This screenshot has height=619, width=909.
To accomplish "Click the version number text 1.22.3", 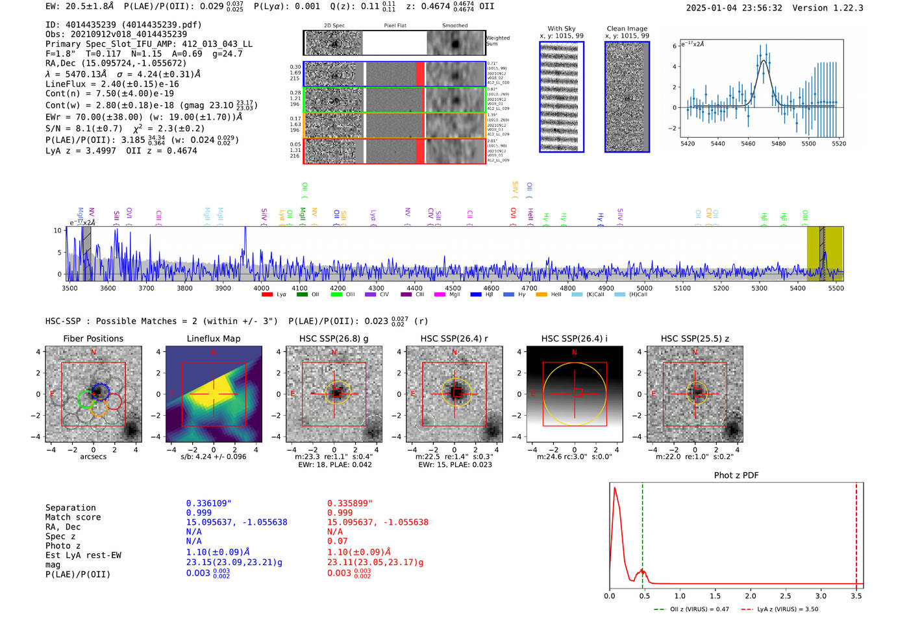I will pyautogui.click(x=847, y=8).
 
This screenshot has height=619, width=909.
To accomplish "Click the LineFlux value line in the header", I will pyautogui.click(x=112, y=84).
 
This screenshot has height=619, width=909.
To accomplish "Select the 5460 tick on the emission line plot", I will pyautogui.click(x=748, y=144).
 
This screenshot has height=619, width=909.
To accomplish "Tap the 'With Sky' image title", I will pyautogui.click(x=561, y=29).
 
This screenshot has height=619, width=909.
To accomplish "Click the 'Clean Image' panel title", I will pyautogui.click(x=627, y=29).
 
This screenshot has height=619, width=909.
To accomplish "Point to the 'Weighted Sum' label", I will pyautogui.click(x=497, y=40).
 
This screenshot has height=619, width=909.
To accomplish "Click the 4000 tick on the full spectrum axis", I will pyautogui.click(x=261, y=288).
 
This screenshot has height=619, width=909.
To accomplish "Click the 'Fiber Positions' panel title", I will pyautogui.click(x=93, y=338).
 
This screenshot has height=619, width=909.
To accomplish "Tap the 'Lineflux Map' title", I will pyautogui.click(x=213, y=338).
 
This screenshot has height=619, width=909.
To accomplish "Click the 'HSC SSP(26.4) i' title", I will pyautogui.click(x=574, y=338).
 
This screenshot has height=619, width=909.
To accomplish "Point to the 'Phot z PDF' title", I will pyautogui.click(x=736, y=475).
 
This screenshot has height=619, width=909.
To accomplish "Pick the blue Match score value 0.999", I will pyautogui.click(x=199, y=512).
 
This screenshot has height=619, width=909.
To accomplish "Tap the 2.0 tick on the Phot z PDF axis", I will pyautogui.click(x=750, y=596).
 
